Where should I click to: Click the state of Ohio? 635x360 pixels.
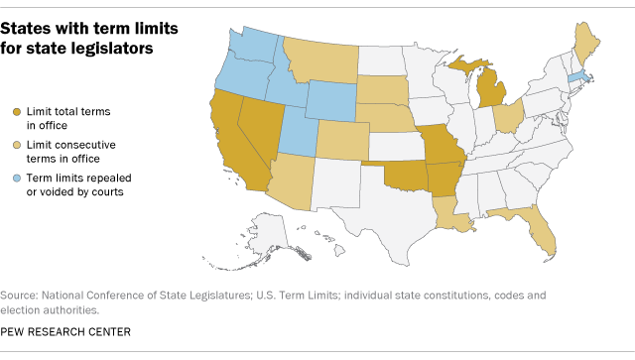tap(507, 122)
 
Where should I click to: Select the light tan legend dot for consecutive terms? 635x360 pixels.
tap(17, 145)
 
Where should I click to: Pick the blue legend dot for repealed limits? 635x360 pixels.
tap(17, 178)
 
